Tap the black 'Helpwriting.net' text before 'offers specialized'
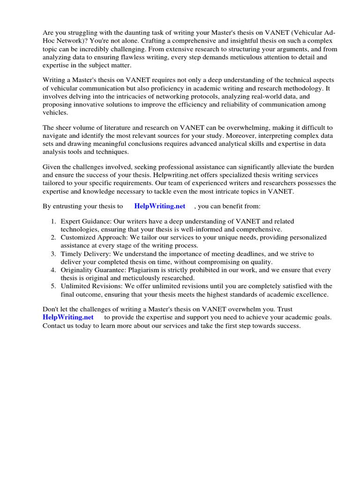[x=162, y=175]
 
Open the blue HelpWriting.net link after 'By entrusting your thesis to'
[x=159, y=206]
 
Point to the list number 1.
[x=53, y=221]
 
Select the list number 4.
[x=53, y=270]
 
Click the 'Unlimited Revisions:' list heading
[x=90, y=286]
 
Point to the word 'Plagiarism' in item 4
[x=147, y=270]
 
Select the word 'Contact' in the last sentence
[x=54, y=326]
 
